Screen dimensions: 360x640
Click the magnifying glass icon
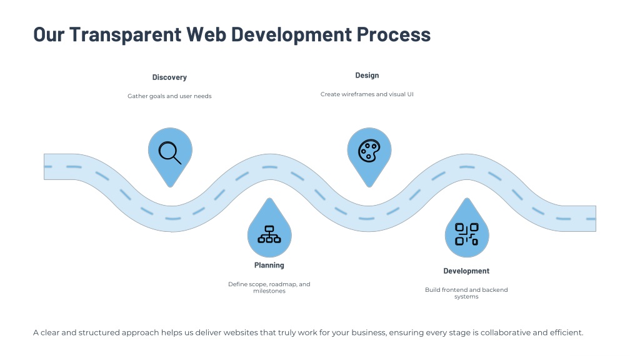pos(170,152)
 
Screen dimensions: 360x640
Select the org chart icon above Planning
pos(269,234)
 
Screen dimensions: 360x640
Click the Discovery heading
pos(169,77)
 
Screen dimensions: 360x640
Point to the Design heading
pos(367,76)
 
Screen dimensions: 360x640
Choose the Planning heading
pos(269,266)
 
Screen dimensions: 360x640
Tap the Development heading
pos(466,271)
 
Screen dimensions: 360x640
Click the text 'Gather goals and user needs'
pos(169,96)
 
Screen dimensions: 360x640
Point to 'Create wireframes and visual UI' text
pos(367,94)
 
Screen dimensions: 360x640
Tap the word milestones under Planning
pos(269,291)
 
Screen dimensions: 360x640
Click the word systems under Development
pos(466,297)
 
